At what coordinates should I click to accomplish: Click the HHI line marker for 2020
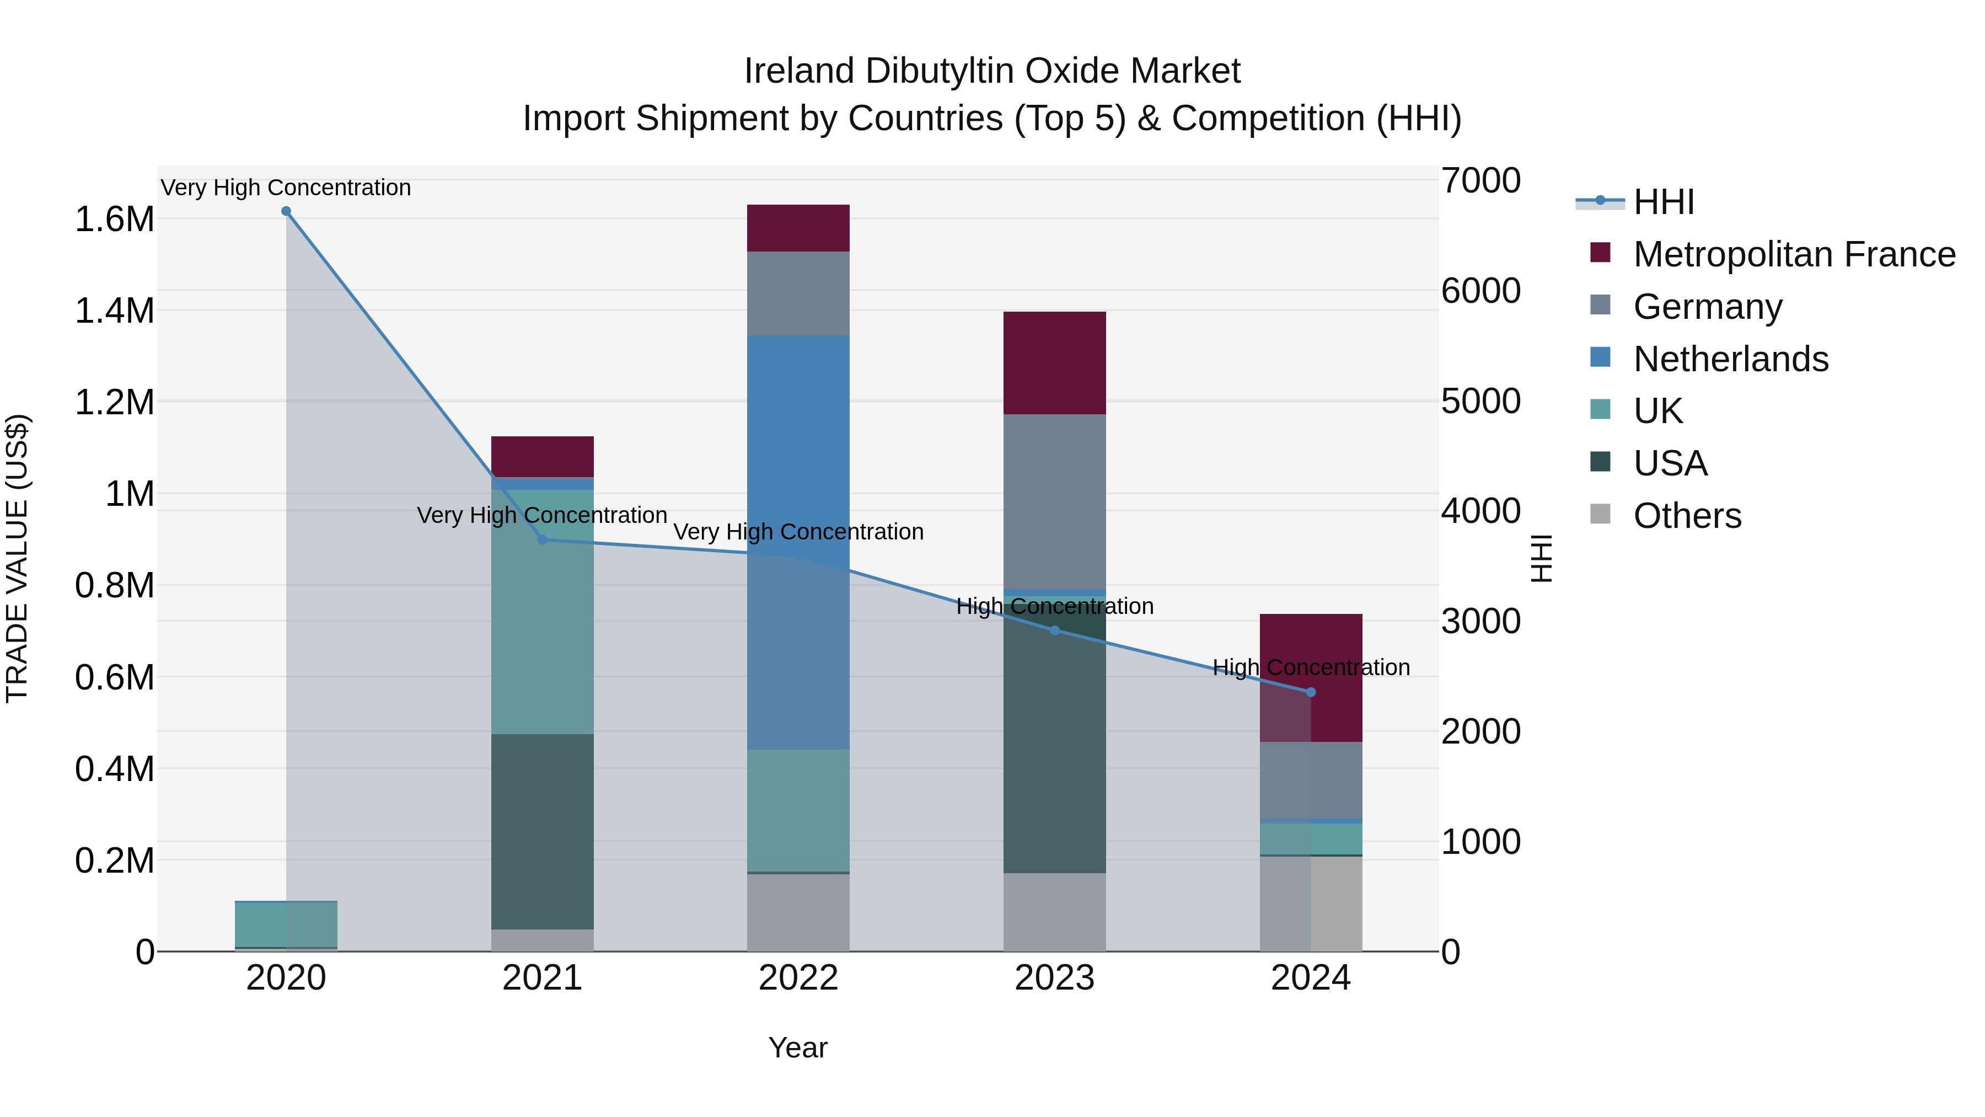click(286, 211)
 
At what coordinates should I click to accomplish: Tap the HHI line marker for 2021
click(543, 539)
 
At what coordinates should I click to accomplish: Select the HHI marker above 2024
click(1311, 692)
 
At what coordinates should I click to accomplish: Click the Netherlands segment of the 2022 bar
click(798, 463)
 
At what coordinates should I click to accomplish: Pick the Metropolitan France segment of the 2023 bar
click(1054, 362)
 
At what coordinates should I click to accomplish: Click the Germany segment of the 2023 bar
click(1054, 501)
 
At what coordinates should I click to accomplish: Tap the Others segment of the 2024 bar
click(1311, 904)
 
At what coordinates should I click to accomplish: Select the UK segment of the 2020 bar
click(286, 923)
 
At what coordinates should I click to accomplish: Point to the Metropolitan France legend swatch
click(1601, 253)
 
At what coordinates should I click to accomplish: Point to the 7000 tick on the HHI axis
click(1480, 181)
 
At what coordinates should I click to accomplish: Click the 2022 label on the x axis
click(798, 978)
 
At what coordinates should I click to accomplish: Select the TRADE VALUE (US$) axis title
click(18, 558)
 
